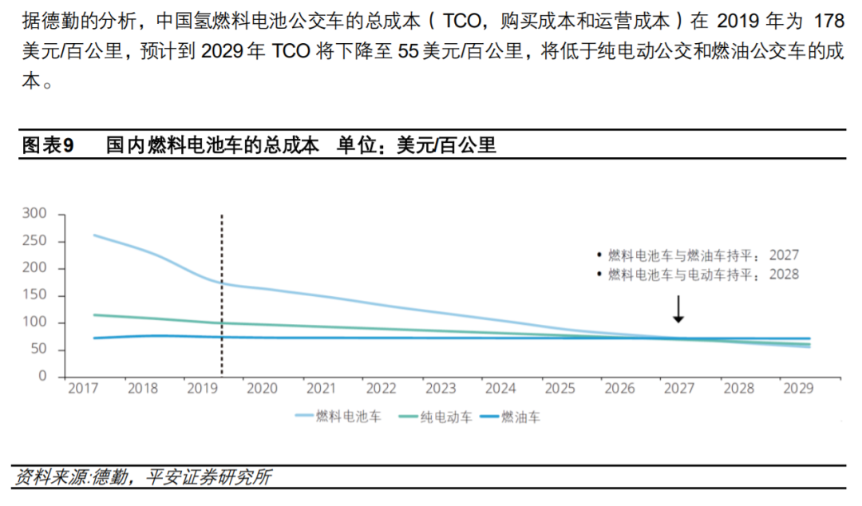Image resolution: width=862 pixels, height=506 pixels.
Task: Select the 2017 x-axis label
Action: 83,389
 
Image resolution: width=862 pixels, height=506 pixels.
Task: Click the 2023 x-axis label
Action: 441,389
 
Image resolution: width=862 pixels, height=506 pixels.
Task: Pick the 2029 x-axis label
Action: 799,389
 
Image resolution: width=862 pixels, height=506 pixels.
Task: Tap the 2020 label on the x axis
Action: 262,389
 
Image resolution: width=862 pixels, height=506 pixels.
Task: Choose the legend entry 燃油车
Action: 520,416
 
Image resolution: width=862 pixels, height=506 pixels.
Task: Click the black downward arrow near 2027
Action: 678,309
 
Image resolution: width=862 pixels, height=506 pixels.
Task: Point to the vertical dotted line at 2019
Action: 222,295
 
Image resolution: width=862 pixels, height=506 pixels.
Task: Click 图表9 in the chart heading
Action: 48,145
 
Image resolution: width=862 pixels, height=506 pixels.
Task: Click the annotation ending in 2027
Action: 702,255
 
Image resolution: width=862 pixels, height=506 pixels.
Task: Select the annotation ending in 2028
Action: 702,274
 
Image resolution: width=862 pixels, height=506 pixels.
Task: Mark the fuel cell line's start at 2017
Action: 94,235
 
